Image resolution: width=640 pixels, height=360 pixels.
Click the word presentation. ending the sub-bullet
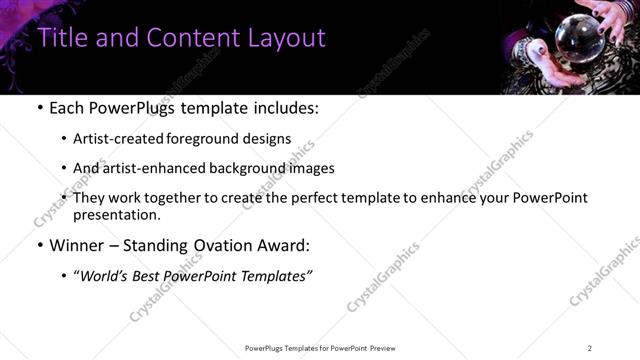[x=117, y=214]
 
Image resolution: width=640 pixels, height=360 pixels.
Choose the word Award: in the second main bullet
[x=290, y=245]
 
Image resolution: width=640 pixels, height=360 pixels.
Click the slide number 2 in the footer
[x=590, y=347]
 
